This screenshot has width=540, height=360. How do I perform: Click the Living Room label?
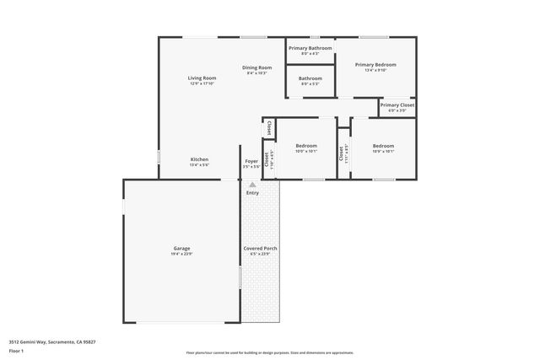click(x=202, y=78)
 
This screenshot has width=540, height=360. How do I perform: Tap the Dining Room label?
click(x=256, y=67)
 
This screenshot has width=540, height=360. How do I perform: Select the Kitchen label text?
click(x=199, y=159)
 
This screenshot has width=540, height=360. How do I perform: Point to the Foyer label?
click(x=251, y=160)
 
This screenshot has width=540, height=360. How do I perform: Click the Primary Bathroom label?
click(x=310, y=48)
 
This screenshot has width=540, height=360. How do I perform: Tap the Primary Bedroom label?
click(x=375, y=64)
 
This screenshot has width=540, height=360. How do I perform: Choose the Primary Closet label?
click(x=397, y=105)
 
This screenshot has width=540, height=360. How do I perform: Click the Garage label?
click(x=181, y=248)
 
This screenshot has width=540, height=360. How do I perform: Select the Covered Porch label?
click(x=261, y=248)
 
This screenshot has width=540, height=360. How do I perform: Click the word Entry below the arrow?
click(x=252, y=193)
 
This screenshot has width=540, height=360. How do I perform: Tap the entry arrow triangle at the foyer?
click(x=251, y=183)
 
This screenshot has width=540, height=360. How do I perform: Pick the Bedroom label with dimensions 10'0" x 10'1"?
click(x=306, y=146)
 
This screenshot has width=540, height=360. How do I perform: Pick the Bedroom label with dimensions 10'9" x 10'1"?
click(x=383, y=146)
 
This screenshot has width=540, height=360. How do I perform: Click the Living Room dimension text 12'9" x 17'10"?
click(x=202, y=83)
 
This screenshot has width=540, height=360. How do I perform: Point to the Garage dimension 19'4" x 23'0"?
click(x=181, y=254)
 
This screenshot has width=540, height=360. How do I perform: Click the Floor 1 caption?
click(x=16, y=352)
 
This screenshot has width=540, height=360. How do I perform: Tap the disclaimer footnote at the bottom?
click(x=269, y=352)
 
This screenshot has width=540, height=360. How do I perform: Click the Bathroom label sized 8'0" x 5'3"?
click(x=310, y=78)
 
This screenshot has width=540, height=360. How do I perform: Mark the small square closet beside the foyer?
click(x=268, y=128)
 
